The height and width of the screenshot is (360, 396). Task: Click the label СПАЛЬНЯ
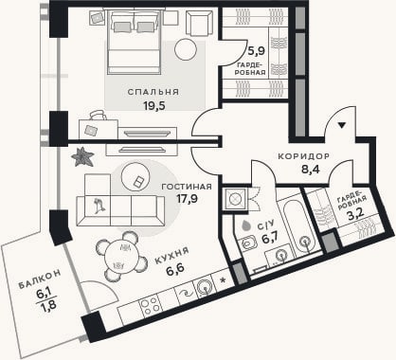153,92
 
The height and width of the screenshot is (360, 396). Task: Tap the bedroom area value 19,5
154,106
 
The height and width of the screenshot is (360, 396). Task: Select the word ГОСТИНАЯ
187,187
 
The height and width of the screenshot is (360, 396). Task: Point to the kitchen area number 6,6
175,270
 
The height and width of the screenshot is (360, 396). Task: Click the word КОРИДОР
304,156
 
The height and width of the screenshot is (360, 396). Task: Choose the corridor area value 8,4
311,170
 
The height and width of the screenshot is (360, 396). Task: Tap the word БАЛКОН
40,279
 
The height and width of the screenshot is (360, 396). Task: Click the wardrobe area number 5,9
256,51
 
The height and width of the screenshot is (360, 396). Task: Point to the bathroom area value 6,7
270,238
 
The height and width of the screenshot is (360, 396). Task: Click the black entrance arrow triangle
341,125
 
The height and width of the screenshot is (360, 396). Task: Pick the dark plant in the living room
82,156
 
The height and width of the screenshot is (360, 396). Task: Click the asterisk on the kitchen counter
224,279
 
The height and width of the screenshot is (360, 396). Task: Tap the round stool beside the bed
186,49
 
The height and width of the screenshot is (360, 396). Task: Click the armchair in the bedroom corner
199,24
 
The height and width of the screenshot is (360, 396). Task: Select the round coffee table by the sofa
135,176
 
